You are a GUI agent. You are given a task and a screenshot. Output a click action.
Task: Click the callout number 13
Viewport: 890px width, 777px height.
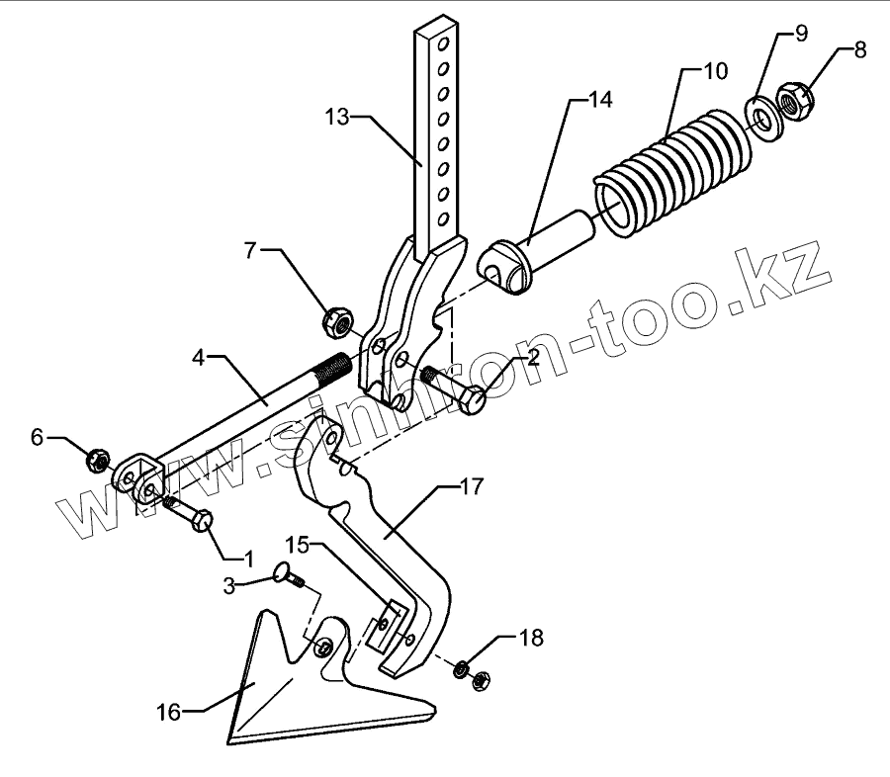pyautogui.click(x=337, y=117)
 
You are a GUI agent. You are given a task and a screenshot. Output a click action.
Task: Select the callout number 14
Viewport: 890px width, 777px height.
pyautogui.click(x=599, y=100)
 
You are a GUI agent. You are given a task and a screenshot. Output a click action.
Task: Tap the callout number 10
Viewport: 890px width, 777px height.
pyautogui.click(x=715, y=71)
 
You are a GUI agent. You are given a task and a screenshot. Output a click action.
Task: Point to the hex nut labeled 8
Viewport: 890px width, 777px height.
pyautogui.click(x=795, y=99)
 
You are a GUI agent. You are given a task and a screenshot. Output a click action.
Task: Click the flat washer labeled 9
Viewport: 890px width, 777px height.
pyautogui.click(x=761, y=117)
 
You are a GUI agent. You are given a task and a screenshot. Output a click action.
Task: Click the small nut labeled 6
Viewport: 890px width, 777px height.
pyautogui.click(x=98, y=460)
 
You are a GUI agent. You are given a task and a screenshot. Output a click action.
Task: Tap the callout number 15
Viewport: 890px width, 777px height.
pyautogui.click(x=299, y=545)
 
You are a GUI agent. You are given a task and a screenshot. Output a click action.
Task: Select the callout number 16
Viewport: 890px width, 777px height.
pyautogui.click(x=169, y=713)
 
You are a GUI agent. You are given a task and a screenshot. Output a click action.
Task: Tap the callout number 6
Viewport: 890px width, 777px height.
pyautogui.click(x=38, y=437)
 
